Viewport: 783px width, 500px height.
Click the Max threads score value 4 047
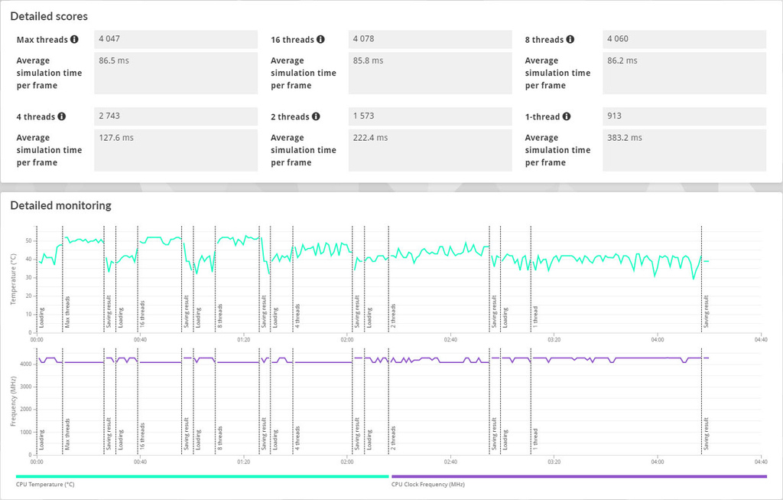[109, 39]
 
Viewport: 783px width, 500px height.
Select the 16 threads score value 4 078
[363, 39]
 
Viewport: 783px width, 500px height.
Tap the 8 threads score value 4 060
[618, 39]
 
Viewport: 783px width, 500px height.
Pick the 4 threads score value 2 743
[109, 116]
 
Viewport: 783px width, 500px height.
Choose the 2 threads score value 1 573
[363, 116]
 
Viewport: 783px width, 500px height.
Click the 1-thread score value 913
[614, 116]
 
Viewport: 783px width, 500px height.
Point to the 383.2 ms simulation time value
[625, 138]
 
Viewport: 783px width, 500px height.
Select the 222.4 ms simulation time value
[371, 138]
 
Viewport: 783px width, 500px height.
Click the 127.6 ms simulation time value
[116, 138]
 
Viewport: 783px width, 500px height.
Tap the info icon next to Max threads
[74, 39]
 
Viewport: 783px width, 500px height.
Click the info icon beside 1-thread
[567, 116]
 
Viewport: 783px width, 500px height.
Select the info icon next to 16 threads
[320, 39]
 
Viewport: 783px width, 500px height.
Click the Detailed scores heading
[49, 17]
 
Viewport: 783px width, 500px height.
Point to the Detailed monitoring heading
[61, 205]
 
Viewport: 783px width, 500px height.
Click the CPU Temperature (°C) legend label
[45, 485]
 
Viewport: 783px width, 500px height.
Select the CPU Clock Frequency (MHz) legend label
[428, 485]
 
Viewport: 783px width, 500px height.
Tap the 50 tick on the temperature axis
[28, 241]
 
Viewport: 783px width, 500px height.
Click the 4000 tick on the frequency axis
[26, 364]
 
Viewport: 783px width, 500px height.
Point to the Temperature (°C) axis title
[14, 279]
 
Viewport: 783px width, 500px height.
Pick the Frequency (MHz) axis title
[14, 401]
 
